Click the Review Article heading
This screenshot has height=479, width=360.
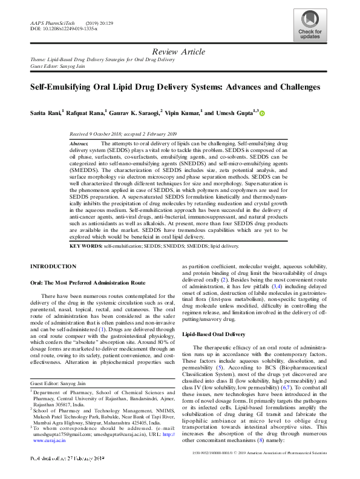point(180,52)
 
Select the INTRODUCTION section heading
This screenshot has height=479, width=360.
point(53,266)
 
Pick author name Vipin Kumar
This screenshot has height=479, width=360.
point(183,113)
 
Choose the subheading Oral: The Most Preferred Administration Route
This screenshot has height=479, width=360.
point(88,283)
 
